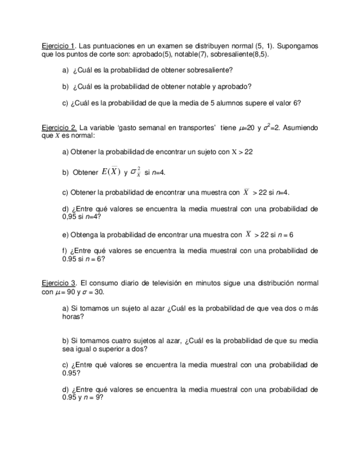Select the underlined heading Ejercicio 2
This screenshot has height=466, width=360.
(x=59, y=127)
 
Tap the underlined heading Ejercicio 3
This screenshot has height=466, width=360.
(x=59, y=284)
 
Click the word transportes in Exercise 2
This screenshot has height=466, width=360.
(x=196, y=127)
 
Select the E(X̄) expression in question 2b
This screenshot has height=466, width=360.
(x=110, y=171)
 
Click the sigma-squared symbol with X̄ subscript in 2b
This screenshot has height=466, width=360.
(x=135, y=173)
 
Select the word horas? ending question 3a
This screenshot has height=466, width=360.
(x=73, y=317)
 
